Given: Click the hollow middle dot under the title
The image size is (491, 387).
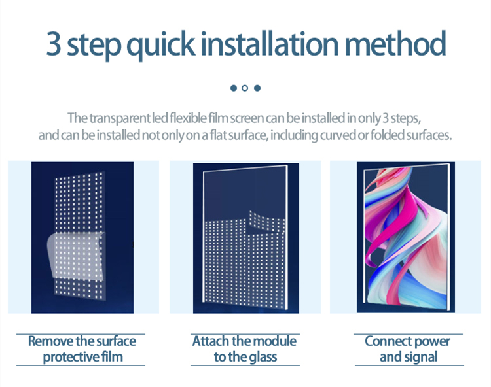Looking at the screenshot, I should (x=245, y=88).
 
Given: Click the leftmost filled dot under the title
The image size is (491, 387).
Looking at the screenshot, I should (x=233, y=88).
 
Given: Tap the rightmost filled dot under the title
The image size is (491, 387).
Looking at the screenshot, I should (x=257, y=88).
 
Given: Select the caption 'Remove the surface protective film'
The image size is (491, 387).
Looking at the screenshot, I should (x=82, y=349).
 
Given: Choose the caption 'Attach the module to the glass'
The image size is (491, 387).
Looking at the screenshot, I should (x=245, y=349).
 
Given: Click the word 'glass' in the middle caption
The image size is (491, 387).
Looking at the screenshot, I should (x=261, y=358).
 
